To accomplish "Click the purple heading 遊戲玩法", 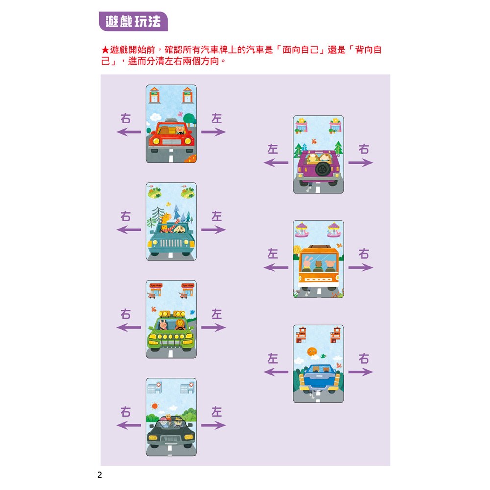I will (133, 22).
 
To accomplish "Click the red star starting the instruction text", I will (105, 50).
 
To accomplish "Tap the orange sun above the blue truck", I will (311, 351).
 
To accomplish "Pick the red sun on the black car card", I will (155, 406).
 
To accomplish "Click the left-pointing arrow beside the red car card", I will (128, 132).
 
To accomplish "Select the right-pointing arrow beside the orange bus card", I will (361, 268).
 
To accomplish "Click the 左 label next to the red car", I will (216, 119).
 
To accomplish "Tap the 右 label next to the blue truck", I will (364, 359).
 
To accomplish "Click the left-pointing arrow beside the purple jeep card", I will (276, 163).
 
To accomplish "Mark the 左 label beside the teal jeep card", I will (216, 216).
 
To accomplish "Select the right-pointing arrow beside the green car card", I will (213, 328).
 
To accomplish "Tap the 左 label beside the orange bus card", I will (272, 254).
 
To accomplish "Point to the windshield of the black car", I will (171, 422).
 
